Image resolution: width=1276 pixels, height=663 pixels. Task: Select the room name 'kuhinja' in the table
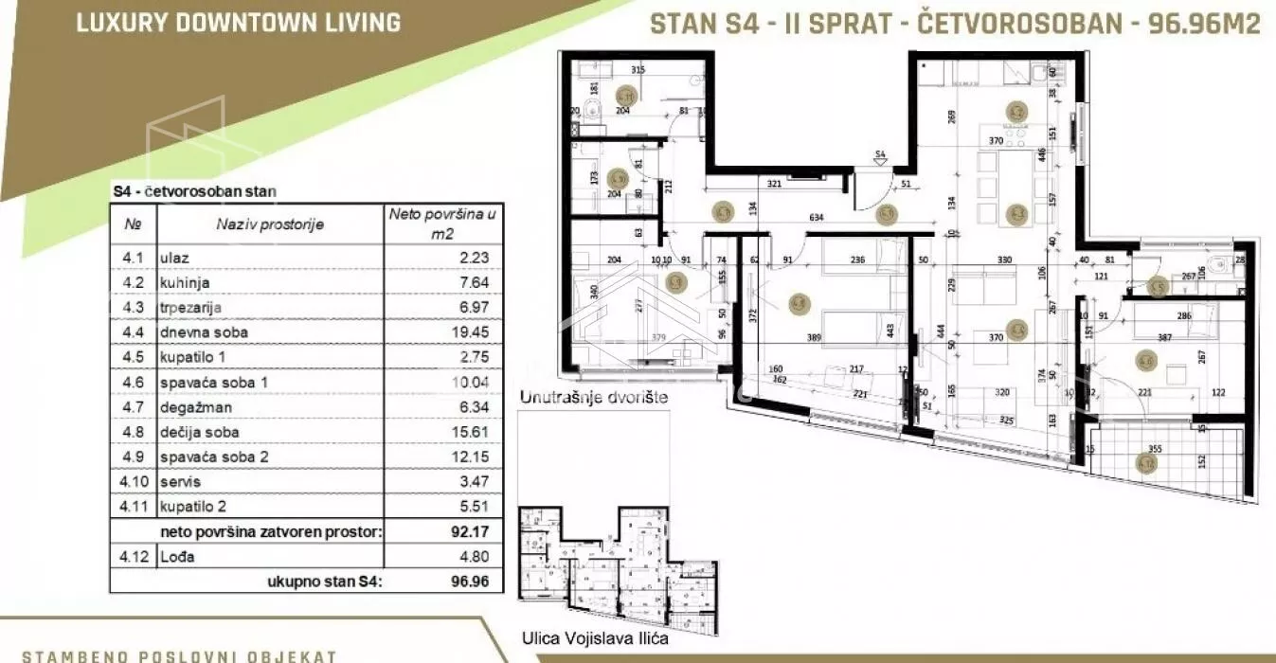(187, 282)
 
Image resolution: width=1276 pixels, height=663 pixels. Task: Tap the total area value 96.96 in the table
(470, 582)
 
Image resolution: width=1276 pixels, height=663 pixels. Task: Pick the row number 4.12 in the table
(134, 557)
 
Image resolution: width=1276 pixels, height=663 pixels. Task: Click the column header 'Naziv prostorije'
(269, 224)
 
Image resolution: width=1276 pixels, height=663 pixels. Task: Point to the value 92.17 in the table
(470, 532)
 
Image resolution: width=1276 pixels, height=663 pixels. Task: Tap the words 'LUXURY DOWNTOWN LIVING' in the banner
(238, 23)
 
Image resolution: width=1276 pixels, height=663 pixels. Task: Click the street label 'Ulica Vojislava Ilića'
(595, 638)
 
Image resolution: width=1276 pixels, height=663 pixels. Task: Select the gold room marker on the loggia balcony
(1147, 463)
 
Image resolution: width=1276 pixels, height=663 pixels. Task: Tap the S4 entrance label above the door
(879, 153)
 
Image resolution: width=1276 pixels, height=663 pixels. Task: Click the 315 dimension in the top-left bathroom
(638, 70)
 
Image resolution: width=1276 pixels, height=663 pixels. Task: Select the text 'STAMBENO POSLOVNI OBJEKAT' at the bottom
(179, 655)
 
